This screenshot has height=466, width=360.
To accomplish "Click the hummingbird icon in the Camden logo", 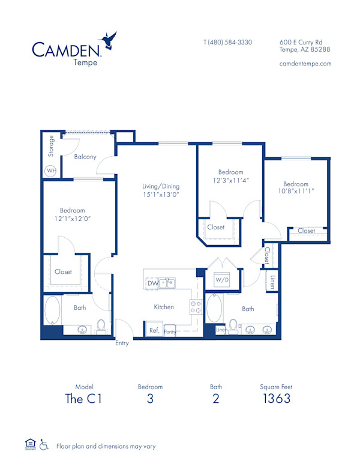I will pyautogui.click(x=109, y=40).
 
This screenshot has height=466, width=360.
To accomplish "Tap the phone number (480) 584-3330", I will pyautogui.click(x=227, y=42).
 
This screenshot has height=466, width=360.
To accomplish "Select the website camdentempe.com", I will pyautogui.click(x=305, y=64).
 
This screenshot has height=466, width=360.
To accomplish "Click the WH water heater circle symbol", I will pyautogui.click(x=51, y=171).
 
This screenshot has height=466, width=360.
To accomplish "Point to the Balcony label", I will pyautogui.click(x=85, y=157).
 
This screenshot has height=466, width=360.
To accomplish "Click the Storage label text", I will pyautogui.click(x=51, y=146).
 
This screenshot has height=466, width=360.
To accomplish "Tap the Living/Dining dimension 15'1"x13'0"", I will pyautogui.click(x=161, y=195).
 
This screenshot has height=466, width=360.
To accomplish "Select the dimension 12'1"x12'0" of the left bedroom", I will pyautogui.click(x=72, y=219).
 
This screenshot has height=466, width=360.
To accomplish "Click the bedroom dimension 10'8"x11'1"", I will pyautogui.click(x=296, y=192).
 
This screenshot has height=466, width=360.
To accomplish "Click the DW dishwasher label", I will pyautogui.click(x=153, y=282).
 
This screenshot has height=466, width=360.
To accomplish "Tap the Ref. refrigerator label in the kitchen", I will pyautogui.click(x=154, y=330).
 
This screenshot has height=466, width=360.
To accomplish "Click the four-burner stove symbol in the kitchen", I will pyautogui.click(x=196, y=307).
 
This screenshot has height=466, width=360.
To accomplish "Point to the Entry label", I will pyautogui.click(x=123, y=343).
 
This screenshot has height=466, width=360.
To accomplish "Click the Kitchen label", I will pyautogui.click(x=164, y=307).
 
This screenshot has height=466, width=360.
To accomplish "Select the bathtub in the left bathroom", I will pyautogui.click(x=52, y=311).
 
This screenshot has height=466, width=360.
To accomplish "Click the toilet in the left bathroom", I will pyautogui.click(x=101, y=326).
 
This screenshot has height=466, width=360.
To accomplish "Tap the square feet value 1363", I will pyautogui.click(x=277, y=399).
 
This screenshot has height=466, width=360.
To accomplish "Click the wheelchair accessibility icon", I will pyautogui.click(x=43, y=445).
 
